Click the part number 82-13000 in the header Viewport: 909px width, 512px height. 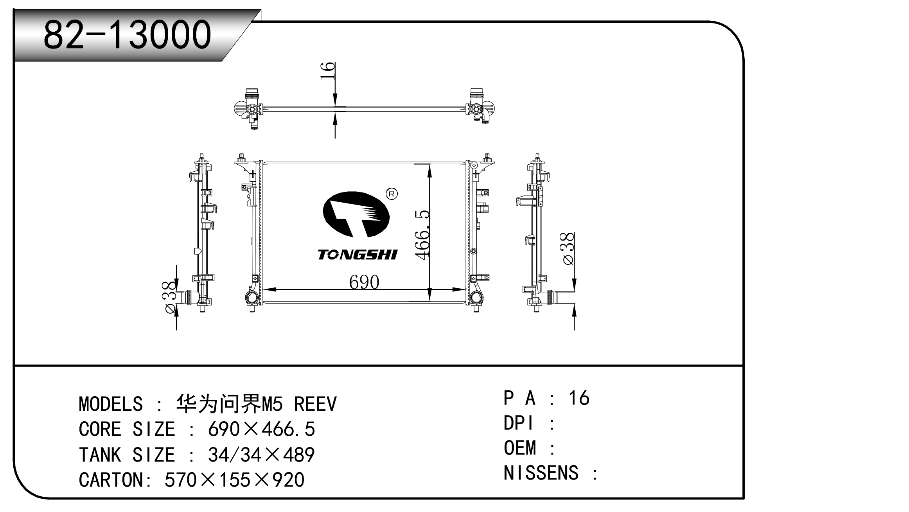[127, 35]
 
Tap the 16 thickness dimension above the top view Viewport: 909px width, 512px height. [328, 71]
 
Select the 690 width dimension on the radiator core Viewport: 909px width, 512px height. [364, 282]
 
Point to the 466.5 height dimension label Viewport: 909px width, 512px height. [422, 234]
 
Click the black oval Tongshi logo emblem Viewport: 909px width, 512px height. [356, 214]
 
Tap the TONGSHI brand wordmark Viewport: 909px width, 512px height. [357, 255]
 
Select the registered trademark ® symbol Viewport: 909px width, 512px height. [392, 194]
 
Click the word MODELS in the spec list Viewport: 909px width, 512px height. [111, 404]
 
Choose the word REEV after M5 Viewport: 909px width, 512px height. [315, 404]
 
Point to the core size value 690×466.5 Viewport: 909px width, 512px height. [261, 429]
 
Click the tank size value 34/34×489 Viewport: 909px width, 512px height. [261, 455]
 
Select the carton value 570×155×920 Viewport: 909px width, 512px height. [234, 480]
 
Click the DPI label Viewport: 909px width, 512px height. [518, 423]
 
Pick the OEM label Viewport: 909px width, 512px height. [519, 448]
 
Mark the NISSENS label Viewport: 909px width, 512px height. [541, 473]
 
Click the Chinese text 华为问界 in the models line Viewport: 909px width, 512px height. [218, 404]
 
